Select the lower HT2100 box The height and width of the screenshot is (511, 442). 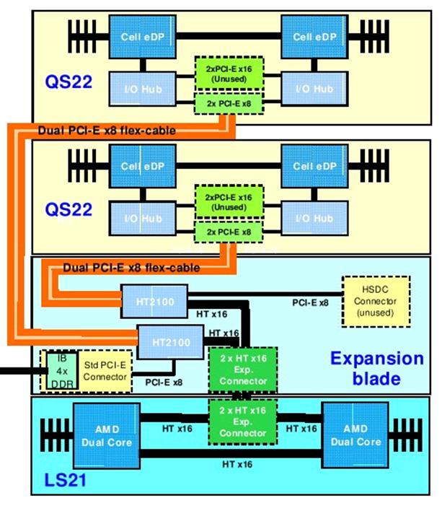pyautogui.click(x=169, y=338)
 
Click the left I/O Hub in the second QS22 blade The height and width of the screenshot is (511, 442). pyautogui.click(x=141, y=217)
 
